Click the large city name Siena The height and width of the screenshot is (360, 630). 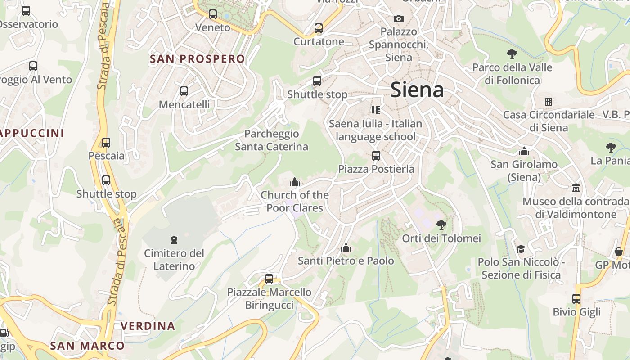(417, 90)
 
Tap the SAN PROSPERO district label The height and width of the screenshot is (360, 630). (197, 59)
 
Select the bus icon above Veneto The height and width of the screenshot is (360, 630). (213, 14)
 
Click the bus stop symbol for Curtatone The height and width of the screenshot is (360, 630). (319, 28)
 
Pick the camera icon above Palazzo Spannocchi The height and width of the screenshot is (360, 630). (398, 18)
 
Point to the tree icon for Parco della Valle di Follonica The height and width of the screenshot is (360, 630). (512, 54)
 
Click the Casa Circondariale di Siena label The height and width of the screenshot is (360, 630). (549, 121)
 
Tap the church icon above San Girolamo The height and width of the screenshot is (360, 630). (524, 151)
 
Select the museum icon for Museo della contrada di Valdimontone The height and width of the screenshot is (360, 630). (576, 188)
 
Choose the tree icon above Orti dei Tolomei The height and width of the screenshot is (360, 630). (441, 225)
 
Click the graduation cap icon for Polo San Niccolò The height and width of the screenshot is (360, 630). (521, 249)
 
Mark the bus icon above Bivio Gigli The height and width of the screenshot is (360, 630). (576, 298)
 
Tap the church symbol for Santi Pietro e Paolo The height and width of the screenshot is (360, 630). (346, 247)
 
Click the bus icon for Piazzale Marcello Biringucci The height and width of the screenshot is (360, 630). (269, 279)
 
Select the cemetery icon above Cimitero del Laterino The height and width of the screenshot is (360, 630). (174, 240)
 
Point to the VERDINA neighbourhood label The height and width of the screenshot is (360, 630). (148, 326)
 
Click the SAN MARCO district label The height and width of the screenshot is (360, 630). (87, 346)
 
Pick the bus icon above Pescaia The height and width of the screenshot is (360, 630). (106, 143)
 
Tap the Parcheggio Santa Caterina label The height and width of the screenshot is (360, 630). (271, 140)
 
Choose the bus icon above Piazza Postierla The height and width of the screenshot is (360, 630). (376, 156)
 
